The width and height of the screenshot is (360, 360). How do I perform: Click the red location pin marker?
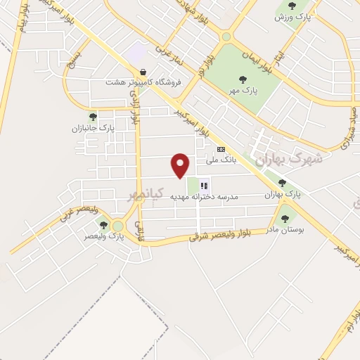(x=181, y=165)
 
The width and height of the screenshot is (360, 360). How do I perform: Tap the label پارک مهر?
(x=242, y=91)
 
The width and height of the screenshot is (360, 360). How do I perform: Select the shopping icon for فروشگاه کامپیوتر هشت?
(x=143, y=72)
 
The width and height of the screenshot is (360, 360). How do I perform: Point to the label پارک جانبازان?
(x=92, y=128)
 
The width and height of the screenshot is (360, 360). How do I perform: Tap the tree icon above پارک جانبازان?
(x=92, y=117)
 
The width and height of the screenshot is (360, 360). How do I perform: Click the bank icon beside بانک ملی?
(x=221, y=149)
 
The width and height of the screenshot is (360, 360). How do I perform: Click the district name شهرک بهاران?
(x=288, y=159)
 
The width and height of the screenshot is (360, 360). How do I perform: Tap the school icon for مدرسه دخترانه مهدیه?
(x=204, y=186)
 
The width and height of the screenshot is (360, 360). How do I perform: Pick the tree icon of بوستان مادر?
(x=285, y=219)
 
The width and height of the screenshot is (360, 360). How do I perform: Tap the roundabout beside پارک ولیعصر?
(x=117, y=226)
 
